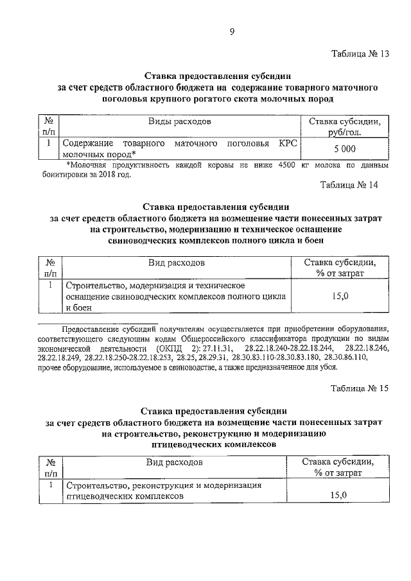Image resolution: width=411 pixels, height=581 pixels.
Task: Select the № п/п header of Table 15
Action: point(49,467)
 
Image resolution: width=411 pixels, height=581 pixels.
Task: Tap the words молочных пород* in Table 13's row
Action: point(100,155)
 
